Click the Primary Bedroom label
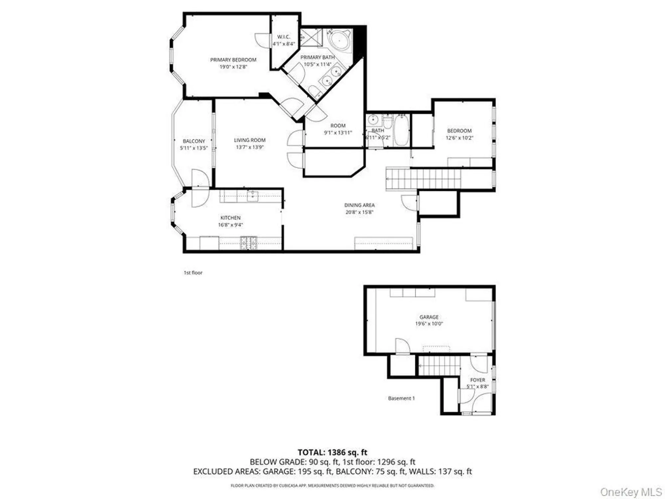pyautogui.click(x=233, y=60)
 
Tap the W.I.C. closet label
pyautogui.click(x=283, y=37)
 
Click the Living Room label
pyautogui.click(x=249, y=140)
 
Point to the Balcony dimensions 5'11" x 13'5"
pyautogui.click(x=194, y=148)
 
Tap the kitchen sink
pyautogui.click(x=252, y=196)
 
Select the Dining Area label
pyautogui.click(x=359, y=205)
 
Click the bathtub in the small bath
pyautogui.click(x=401, y=130)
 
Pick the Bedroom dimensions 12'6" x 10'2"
pyautogui.click(x=459, y=138)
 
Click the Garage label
pyautogui.click(x=429, y=317)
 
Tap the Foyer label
pyautogui.click(x=477, y=380)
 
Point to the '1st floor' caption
pyautogui.click(x=193, y=273)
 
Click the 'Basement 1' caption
pyautogui.click(x=401, y=398)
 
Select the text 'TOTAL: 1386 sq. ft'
pyautogui.click(x=332, y=452)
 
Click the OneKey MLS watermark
pyautogui.click(x=631, y=492)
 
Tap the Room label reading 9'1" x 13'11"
pyautogui.click(x=338, y=126)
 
